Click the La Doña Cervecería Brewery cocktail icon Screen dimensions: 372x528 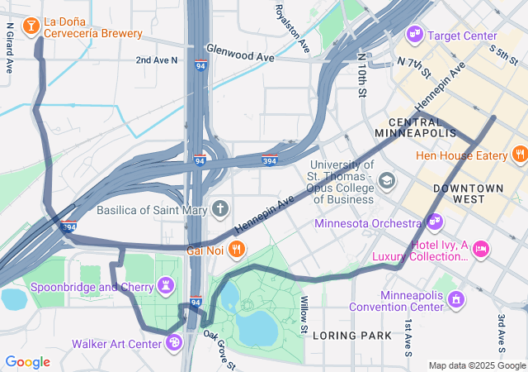pyautogui.click(x=31, y=26)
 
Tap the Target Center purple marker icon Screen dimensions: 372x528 pyautogui.click(x=415, y=35)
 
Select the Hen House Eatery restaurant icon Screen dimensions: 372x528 pyautogui.click(x=519, y=154)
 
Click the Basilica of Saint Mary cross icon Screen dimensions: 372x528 pyautogui.click(x=219, y=208)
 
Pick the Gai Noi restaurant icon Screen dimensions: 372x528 pyautogui.click(x=236, y=248)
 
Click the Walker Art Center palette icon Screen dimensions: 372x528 pyautogui.click(x=173, y=342)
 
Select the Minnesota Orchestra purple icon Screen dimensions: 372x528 pyautogui.click(x=434, y=222)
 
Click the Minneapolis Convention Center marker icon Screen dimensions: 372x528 pyautogui.click(x=453, y=296)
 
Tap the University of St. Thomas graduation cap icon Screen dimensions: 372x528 pyautogui.click(x=386, y=180)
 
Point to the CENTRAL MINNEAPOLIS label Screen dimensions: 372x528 pyautogui.click(x=415, y=127)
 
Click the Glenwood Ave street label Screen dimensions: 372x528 pyautogui.click(x=239, y=52)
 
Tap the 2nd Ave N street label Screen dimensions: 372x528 pyautogui.click(x=157, y=60)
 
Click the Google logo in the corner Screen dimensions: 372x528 pyautogui.click(x=27, y=361)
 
